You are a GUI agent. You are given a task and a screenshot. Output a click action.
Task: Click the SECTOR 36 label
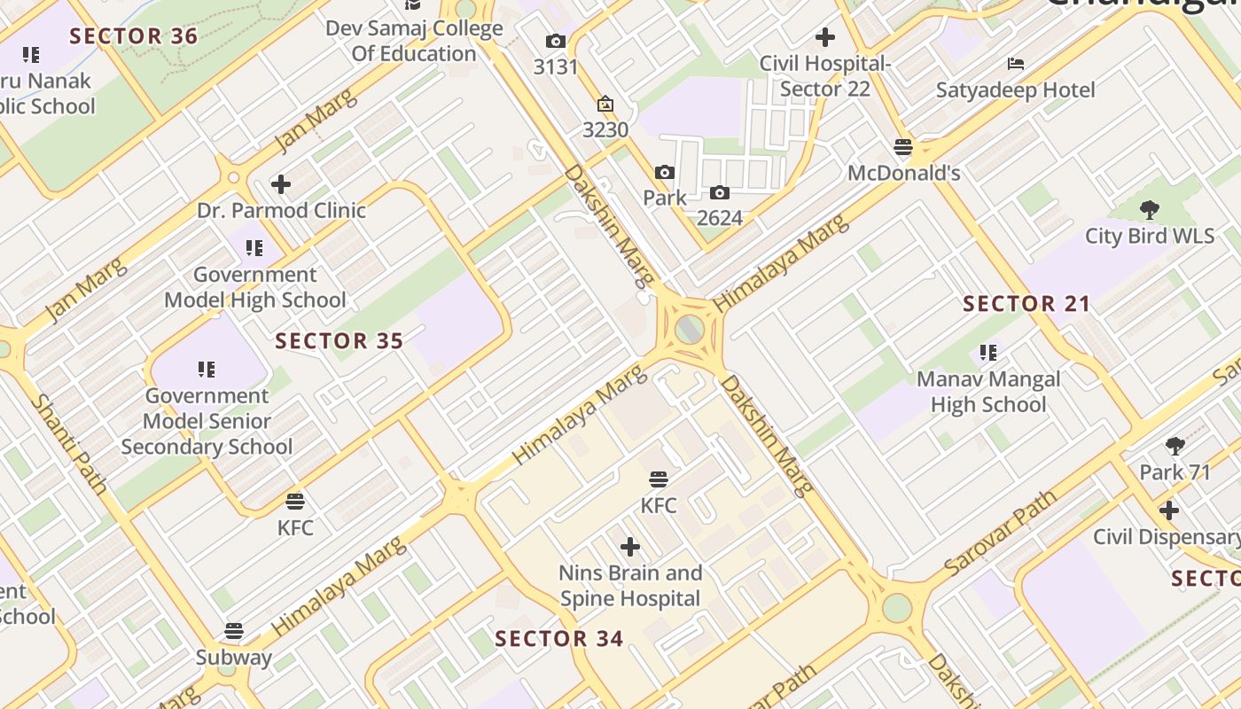click(x=133, y=36)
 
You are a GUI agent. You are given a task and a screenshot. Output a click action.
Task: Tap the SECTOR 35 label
click(x=339, y=341)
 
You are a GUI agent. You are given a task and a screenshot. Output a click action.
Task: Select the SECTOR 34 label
click(x=558, y=639)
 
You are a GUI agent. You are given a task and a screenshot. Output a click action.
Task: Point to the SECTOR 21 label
click(x=1026, y=304)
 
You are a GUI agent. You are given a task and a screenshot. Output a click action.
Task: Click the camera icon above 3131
click(x=556, y=42)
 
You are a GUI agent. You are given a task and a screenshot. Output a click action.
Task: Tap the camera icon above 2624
click(x=720, y=193)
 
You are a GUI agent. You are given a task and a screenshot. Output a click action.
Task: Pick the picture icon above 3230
click(x=605, y=105)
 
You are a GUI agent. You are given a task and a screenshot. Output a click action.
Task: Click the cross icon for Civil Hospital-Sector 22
click(x=825, y=37)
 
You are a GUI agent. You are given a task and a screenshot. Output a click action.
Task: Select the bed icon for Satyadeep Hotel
click(x=1016, y=64)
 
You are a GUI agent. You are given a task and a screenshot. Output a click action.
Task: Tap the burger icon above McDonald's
click(x=903, y=147)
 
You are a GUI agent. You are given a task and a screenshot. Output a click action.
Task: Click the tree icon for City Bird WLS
click(x=1150, y=210)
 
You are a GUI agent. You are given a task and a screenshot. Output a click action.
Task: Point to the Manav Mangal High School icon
click(x=988, y=354)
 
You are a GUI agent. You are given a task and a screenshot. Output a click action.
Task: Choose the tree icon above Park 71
click(x=1175, y=446)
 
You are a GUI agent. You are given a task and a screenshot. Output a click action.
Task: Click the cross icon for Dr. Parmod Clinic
click(x=281, y=184)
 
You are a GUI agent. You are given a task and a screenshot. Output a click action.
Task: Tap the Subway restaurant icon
click(x=234, y=631)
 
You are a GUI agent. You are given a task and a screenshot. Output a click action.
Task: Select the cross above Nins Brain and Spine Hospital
click(x=630, y=547)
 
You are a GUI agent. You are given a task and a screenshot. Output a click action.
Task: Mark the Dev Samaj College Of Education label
click(x=414, y=41)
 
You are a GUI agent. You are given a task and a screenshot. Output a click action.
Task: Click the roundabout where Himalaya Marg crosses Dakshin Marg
click(x=690, y=330)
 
